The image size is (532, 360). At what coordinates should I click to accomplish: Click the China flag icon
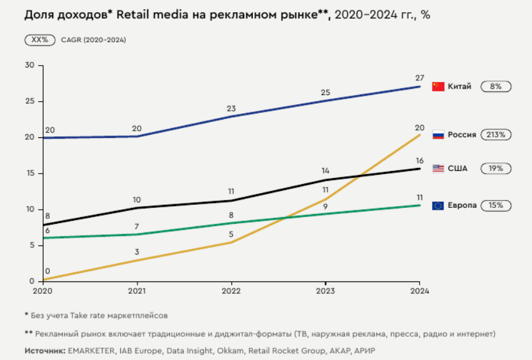coord(438,86)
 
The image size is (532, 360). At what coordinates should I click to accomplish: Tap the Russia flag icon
coord(438,134)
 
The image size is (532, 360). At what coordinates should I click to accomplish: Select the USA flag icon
coord(438,168)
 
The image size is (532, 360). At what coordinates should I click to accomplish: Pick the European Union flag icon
coord(438,205)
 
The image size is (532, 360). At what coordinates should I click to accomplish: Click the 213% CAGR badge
coord(496,134)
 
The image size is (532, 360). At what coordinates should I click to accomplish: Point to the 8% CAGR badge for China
coord(495,86)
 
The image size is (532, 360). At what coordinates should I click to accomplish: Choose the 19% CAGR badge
coord(495,168)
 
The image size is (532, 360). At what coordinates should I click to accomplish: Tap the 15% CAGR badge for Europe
coord(495,205)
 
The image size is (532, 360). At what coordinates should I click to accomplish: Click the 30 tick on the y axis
coord(29,65)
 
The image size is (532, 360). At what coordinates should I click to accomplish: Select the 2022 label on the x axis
coord(231,291)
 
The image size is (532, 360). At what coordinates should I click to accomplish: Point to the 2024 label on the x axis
coord(419,291)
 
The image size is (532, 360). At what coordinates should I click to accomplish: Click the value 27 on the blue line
coord(420,77)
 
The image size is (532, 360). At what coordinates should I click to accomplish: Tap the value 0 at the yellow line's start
coord(47,271)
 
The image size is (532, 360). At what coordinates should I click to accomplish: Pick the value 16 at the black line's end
coord(420,159)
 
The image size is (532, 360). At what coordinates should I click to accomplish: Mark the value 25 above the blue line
coord(325,92)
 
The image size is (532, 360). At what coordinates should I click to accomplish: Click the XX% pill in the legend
coord(40,40)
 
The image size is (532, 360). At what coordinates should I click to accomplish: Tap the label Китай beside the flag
coord(460,86)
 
